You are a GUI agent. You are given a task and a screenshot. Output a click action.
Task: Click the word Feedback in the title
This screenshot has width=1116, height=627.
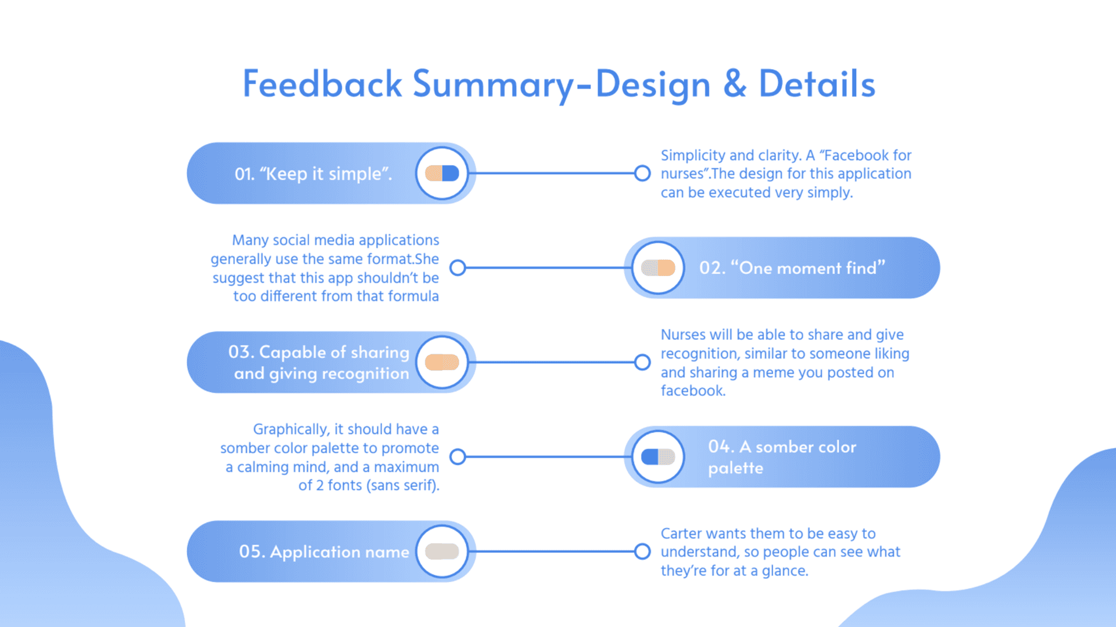(x=322, y=84)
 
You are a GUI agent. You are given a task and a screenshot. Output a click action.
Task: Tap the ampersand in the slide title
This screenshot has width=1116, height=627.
(x=735, y=84)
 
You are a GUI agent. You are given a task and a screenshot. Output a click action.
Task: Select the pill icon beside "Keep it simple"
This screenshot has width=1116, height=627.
(x=442, y=173)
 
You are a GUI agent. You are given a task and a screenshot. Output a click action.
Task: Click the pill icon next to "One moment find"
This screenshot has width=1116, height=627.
(x=658, y=268)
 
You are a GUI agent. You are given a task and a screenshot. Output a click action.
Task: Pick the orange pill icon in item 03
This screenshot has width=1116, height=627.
(x=442, y=362)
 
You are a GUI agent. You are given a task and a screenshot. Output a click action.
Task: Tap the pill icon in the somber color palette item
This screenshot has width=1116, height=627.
(x=658, y=457)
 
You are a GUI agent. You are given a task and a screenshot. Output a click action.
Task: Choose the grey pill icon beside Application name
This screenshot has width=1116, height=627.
(x=442, y=551)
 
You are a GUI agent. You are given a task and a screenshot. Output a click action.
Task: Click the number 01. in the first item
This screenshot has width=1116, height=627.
(x=244, y=174)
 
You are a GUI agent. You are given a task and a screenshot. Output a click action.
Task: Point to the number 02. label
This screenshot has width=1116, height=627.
(x=712, y=268)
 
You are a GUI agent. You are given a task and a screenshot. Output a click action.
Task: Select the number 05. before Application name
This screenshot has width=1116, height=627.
(x=252, y=551)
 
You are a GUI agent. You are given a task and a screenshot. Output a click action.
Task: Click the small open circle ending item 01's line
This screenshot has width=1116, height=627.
(x=642, y=173)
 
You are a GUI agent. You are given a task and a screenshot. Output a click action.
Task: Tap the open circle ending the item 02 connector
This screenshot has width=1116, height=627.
(x=458, y=268)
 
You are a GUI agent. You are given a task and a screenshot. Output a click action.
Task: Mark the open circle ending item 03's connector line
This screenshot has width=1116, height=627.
(x=642, y=362)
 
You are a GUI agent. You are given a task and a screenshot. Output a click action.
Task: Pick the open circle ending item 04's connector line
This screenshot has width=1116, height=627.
(x=458, y=457)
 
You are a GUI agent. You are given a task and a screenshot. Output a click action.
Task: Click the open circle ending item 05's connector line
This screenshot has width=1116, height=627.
(x=642, y=551)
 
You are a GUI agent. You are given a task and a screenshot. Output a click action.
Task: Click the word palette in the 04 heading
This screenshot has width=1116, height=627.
(x=735, y=468)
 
